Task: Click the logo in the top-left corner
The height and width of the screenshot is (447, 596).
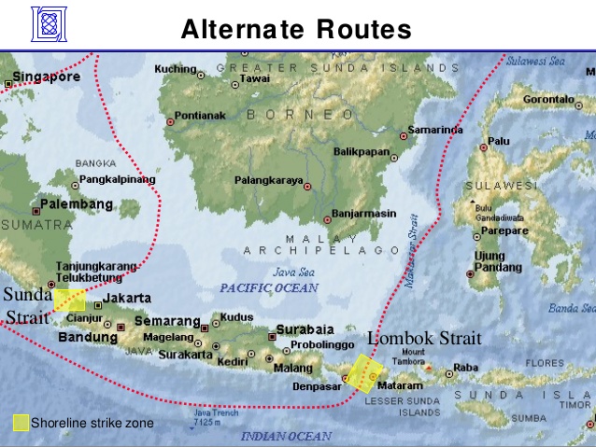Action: point(49,25)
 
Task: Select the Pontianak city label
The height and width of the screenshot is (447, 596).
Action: point(200,116)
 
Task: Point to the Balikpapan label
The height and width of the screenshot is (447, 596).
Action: point(362,150)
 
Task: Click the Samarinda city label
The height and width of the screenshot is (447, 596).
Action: point(436,128)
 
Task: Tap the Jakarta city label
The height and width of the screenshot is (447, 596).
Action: point(126,298)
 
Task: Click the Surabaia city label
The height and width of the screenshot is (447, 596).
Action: point(304,329)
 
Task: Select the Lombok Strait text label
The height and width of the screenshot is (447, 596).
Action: point(423,339)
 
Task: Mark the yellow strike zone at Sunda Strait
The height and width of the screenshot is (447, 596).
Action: point(69,300)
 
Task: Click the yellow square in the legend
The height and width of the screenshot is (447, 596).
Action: point(21,423)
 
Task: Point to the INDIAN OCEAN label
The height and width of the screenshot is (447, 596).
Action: point(286,436)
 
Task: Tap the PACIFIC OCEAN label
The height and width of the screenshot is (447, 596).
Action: point(269,288)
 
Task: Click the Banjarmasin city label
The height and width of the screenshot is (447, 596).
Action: point(363,213)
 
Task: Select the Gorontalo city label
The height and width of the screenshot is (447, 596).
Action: point(548,99)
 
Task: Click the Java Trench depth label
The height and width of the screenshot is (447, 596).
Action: point(209,417)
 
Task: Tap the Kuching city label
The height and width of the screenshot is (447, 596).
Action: point(175,69)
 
